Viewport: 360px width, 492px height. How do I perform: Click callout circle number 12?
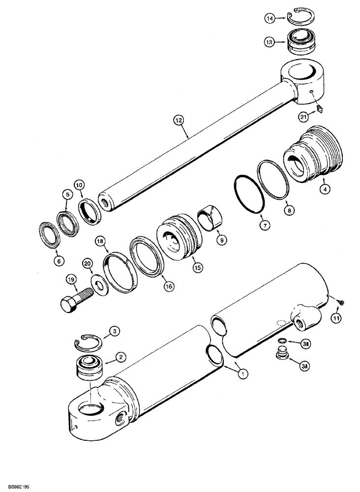click(178, 119)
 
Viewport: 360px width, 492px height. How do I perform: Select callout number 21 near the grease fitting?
click(303, 116)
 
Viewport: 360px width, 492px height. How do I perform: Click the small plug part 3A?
click(282, 353)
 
